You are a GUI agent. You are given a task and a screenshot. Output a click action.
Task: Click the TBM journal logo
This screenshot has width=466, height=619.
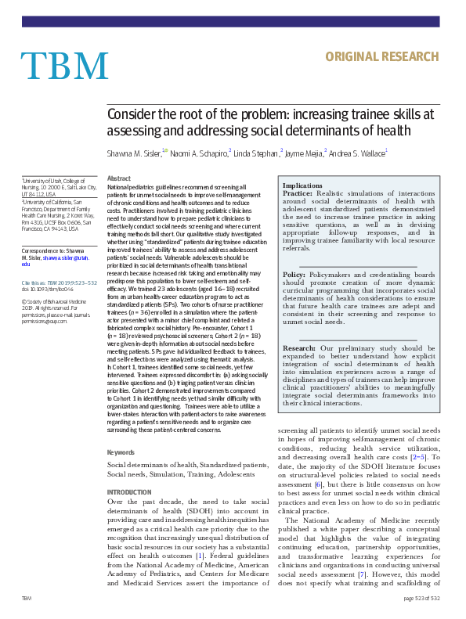[64, 66]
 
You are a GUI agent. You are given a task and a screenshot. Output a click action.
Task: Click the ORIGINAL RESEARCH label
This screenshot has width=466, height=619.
[381, 56]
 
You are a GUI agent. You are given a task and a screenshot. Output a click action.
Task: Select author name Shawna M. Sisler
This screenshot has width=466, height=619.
[134, 153]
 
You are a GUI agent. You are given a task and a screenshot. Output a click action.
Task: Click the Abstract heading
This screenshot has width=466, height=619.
[118, 179]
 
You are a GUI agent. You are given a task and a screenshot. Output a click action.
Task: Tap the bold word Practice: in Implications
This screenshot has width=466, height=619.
[298, 193]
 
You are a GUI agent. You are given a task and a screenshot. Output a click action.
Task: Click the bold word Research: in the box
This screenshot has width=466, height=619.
[300, 347]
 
